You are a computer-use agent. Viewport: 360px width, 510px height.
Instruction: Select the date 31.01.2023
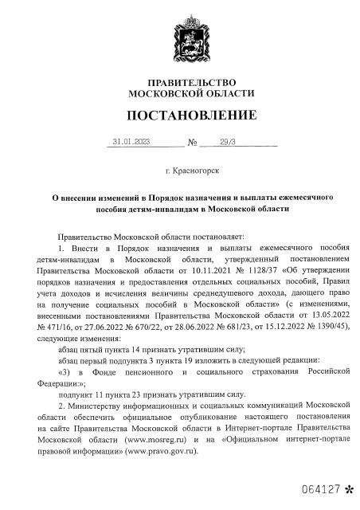(131, 143)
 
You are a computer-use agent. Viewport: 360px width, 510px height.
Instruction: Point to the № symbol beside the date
(192, 144)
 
